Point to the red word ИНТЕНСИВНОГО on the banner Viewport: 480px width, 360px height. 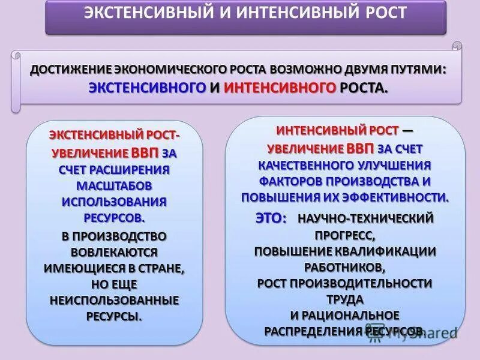pyautogui.click(x=280, y=88)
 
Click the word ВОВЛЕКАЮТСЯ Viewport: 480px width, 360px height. pyautogui.click(x=114, y=251)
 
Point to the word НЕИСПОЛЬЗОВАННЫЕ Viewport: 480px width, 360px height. pyautogui.click(x=114, y=299)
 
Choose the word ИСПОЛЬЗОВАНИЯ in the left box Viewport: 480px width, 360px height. pyautogui.click(x=114, y=202)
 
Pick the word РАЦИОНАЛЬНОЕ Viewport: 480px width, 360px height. pyautogui.click(x=352, y=314)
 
